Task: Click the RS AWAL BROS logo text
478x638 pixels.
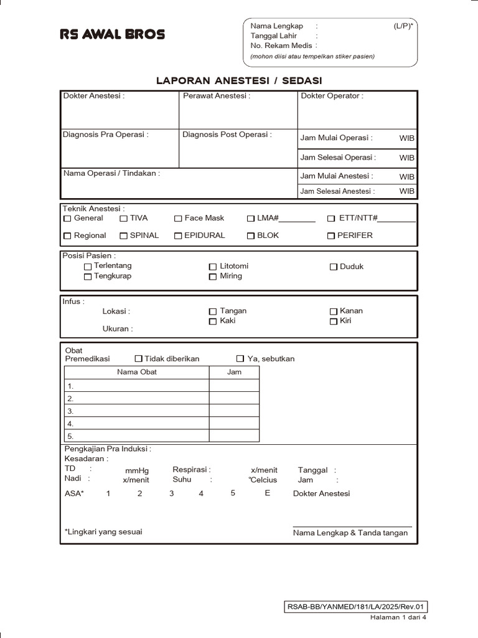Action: [112, 34]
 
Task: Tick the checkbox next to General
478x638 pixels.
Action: [67, 219]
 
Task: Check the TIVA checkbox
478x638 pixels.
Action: [124, 219]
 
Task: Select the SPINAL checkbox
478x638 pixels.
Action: [124, 236]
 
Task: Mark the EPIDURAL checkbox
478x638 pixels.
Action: [178, 236]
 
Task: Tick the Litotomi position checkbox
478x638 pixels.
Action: [213, 267]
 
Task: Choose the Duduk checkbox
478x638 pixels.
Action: [334, 267]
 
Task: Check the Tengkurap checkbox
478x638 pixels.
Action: [88, 277]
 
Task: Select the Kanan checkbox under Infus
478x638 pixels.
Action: [334, 311]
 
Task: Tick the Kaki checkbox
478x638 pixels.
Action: [213, 321]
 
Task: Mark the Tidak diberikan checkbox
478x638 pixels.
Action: [138, 359]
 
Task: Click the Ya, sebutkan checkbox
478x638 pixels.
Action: [240, 359]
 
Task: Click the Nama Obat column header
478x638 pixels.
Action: [137, 372]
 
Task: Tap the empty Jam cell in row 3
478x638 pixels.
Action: [234, 411]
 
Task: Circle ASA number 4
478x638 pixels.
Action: [201, 493]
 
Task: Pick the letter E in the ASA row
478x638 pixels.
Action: [268, 493]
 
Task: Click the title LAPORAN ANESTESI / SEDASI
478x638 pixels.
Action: [239, 80]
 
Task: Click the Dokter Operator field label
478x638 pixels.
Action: [332, 96]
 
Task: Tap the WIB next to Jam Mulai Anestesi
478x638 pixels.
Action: [406, 177]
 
